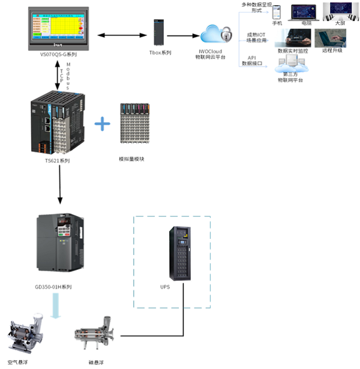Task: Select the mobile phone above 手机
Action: [x=277, y=13]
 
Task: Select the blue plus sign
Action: [x=103, y=124]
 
